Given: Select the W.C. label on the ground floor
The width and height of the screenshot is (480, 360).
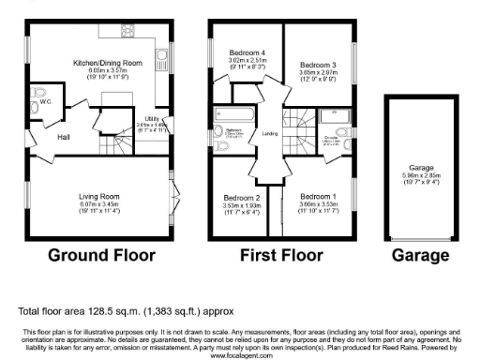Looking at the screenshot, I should coord(45,103).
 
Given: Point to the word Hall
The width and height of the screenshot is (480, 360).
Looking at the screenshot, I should coord(64,138).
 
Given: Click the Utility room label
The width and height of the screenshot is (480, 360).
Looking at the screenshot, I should coord(153,118).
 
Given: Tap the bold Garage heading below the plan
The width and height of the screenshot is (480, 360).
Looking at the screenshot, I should coord(419,254).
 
